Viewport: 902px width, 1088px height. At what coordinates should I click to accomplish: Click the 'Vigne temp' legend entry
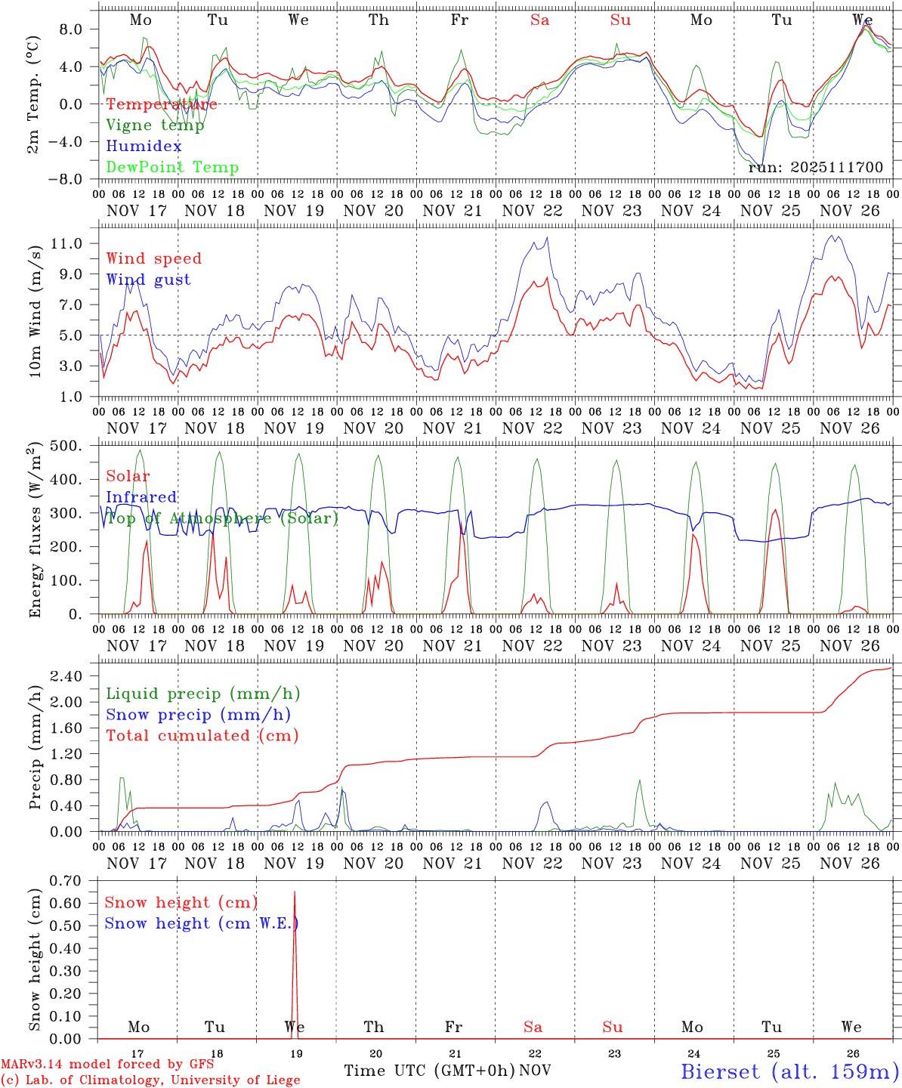(x=155, y=125)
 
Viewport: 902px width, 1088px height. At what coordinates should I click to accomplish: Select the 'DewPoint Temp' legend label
(x=172, y=168)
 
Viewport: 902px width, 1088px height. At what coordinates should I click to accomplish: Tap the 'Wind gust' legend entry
(x=148, y=280)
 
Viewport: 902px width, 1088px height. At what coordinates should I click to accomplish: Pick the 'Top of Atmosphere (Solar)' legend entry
(x=222, y=518)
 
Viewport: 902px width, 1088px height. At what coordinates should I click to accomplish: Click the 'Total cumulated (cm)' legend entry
(x=202, y=735)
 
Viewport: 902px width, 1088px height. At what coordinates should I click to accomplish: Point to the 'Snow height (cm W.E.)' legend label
(x=201, y=923)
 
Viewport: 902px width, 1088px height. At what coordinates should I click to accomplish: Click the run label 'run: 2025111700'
(x=815, y=167)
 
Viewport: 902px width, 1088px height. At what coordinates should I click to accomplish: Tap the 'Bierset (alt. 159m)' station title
(x=789, y=1071)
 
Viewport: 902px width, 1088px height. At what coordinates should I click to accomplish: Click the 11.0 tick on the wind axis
(x=76, y=243)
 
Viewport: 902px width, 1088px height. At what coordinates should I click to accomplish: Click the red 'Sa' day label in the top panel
(x=539, y=20)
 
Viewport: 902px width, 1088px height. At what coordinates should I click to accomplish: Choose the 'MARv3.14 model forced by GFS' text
(x=107, y=1064)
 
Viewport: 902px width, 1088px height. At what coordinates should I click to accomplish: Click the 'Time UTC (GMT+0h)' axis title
(x=429, y=1071)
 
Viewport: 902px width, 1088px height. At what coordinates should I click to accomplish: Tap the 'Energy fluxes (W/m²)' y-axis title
(x=36, y=531)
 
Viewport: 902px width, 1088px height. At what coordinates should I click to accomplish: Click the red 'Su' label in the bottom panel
(x=612, y=1027)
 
